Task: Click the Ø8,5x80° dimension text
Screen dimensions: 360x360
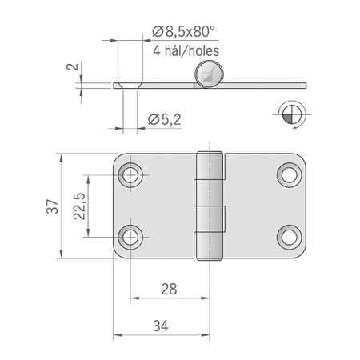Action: tap(183, 31)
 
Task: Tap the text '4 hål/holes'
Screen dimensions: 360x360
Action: tap(186, 50)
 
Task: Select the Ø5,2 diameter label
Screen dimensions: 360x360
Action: tap(165, 119)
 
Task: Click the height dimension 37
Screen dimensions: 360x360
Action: tap(52, 206)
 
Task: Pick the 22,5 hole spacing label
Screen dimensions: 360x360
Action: tap(79, 206)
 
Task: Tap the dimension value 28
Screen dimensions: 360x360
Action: tap(169, 289)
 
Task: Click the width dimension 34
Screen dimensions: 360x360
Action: tap(161, 326)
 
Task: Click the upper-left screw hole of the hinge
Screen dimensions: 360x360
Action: tap(130, 175)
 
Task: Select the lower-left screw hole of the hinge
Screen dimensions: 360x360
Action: tap(130, 237)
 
